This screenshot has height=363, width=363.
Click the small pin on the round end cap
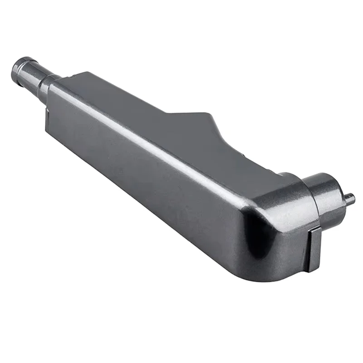click(x=350, y=198)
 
